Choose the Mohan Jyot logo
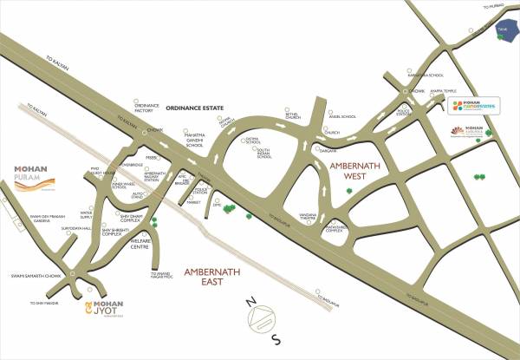105,307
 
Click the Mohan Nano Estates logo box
476,108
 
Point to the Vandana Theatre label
305,217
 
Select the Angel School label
342,116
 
